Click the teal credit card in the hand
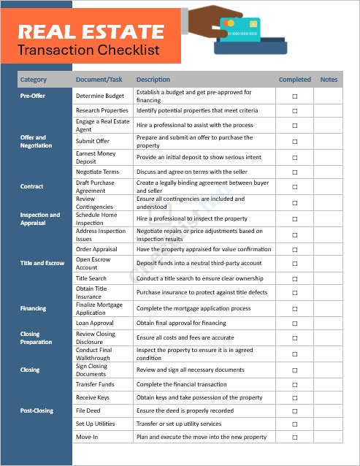[241, 31]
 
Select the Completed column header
[294, 80]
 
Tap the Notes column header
[329, 80]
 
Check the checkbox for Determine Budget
[295, 96]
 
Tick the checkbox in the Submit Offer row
[295, 142]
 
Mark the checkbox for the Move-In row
[295, 437]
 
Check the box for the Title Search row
[295, 278]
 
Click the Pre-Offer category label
[33, 96]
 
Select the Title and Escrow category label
[42, 263]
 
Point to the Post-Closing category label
[37, 410]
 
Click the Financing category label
[33, 308]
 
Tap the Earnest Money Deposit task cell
[96, 157]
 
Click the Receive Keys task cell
[92, 397]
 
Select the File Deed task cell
[88, 410]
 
